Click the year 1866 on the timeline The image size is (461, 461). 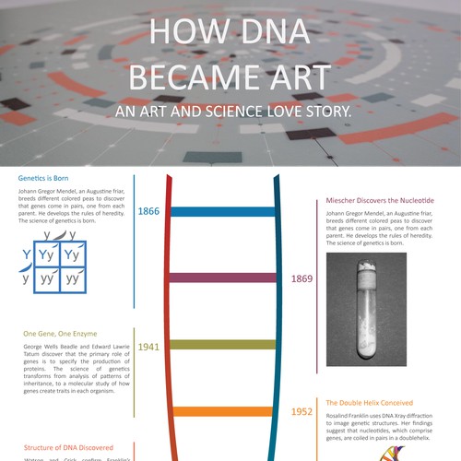(148, 212)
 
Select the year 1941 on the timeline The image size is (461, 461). (148, 347)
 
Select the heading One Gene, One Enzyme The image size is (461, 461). (61, 332)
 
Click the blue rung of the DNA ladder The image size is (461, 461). (222, 212)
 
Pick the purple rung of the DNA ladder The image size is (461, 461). (222, 278)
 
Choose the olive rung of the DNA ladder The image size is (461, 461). (222, 345)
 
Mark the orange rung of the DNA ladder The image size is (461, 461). (222, 411)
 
